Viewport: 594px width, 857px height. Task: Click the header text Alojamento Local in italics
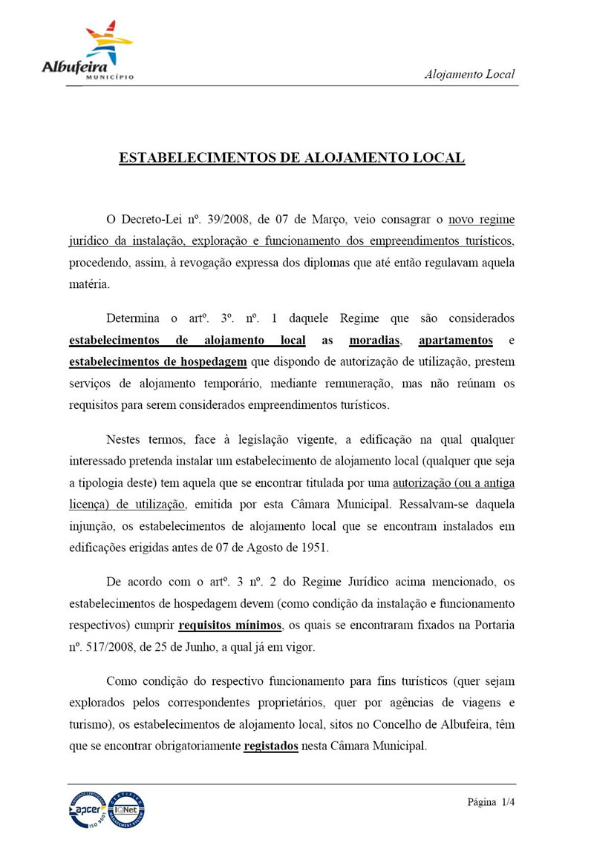click(469, 74)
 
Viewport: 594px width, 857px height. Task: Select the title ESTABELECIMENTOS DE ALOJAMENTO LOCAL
click(292, 158)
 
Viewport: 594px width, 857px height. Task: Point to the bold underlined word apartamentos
click(456, 341)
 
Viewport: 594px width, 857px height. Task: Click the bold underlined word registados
click(271, 746)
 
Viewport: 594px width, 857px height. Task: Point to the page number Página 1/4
click(491, 802)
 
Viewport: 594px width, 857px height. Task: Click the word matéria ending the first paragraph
click(88, 283)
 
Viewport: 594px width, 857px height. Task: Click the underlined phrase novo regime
click(481, 220)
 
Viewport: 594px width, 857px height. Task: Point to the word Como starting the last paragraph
click(122, 681)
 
